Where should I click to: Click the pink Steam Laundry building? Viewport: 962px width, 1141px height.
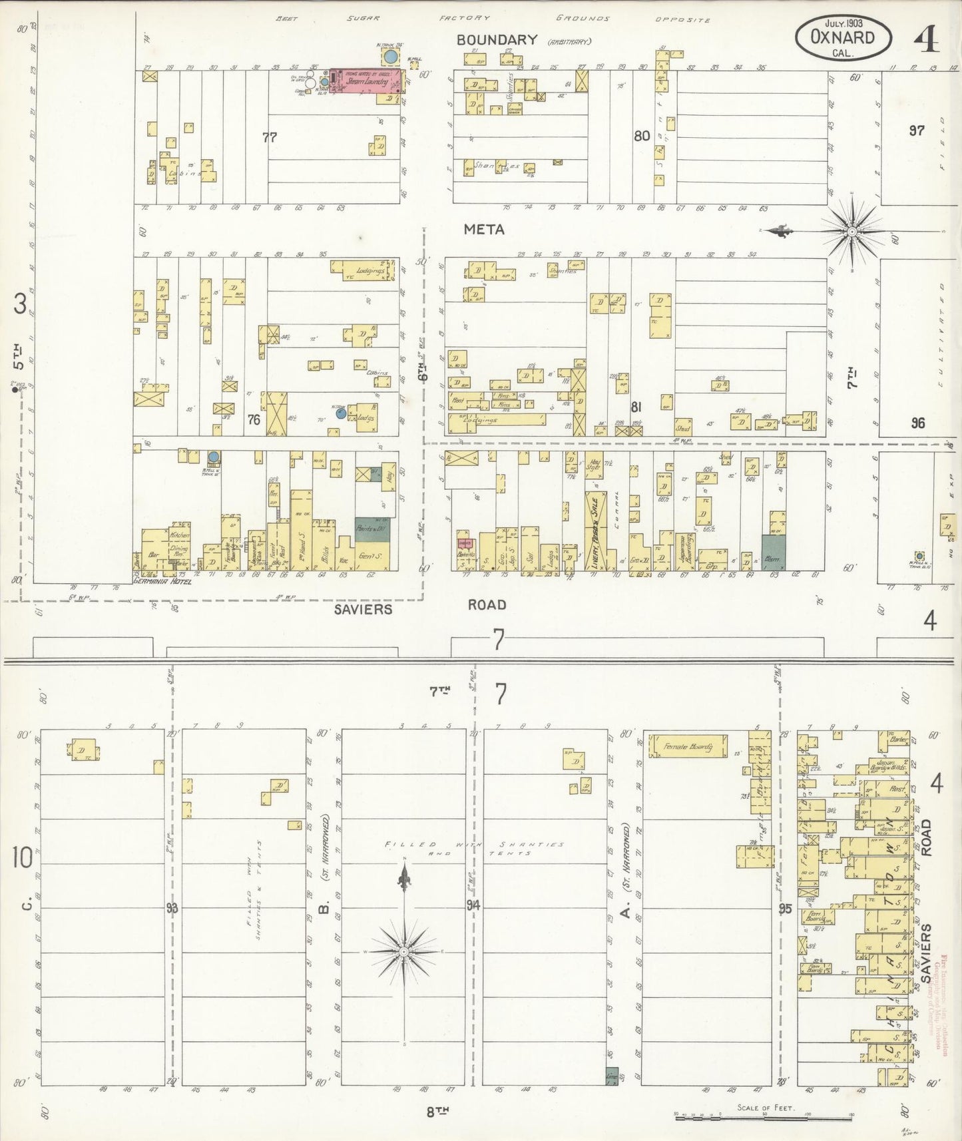coord(365,81)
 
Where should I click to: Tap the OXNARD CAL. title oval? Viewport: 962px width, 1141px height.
coord(843,38)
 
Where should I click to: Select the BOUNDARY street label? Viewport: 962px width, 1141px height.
coord(497,40)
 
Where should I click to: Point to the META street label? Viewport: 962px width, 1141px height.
coord(484,230)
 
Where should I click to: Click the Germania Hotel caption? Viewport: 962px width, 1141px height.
coord(162,581)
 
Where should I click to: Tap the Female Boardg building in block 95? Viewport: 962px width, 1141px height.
coord(688,747)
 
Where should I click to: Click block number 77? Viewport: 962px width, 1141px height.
coord(270,137)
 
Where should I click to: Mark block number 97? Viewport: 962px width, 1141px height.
coord(917,130)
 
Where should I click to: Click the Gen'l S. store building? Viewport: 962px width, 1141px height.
coord(365,557)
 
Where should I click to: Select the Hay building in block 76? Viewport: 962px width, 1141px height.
coord(389,477)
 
